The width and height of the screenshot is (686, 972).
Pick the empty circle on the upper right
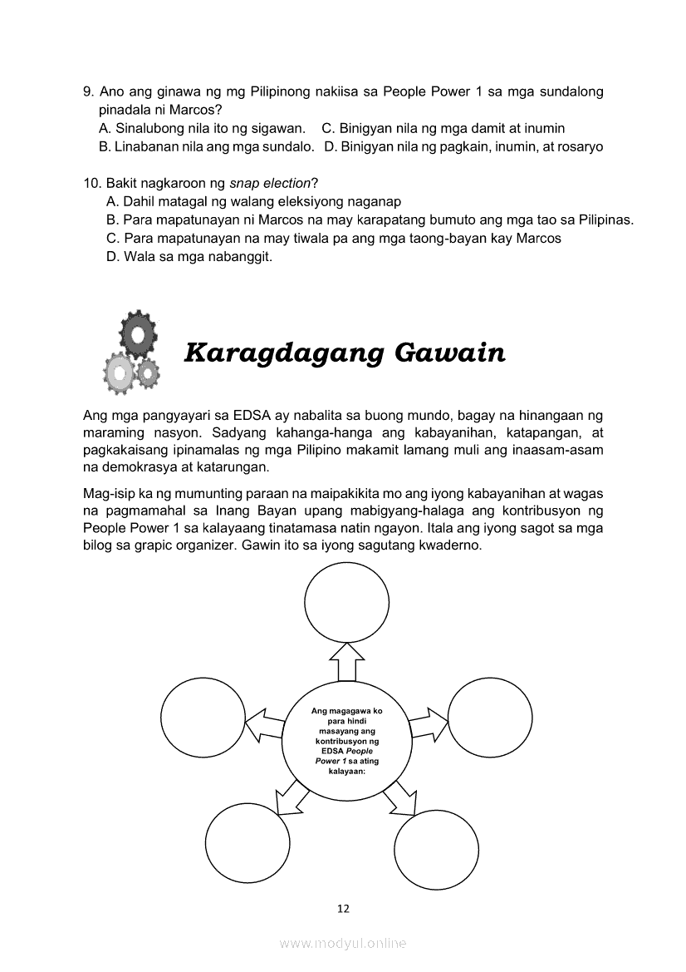[x=490, y=717]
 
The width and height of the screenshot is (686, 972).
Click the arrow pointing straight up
[x=347, y=663]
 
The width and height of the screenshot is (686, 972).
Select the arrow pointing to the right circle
[x=427, y=723]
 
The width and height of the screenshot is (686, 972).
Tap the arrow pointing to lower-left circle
[x=291, y=799]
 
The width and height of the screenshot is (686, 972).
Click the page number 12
[x=343, y=908]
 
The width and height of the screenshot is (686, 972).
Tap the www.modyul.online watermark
[x=343, y=943]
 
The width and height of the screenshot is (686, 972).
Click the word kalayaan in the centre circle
[x=342, y=770]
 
